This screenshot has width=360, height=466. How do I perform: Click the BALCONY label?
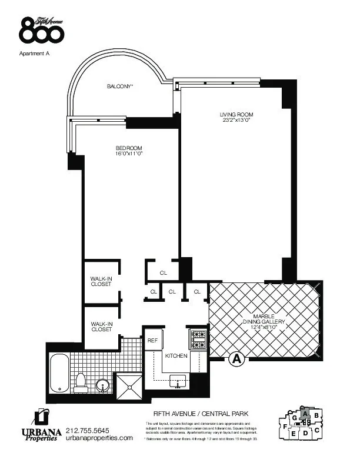click(119, 86)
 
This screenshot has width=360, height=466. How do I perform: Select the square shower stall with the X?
click(128, 384)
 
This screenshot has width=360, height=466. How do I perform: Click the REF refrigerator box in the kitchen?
click(152, 341)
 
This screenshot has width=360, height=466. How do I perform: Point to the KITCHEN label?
click(176, 356)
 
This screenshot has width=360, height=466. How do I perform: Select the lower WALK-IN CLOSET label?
click(101, 326)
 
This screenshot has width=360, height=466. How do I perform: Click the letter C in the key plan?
click(317, 430)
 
